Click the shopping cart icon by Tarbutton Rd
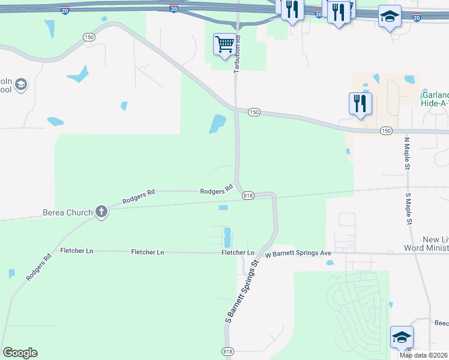(x=224, y=44)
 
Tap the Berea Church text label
(x=68, y=212)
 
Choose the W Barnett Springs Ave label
(x=298, y=253)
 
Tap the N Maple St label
(x=406, y=154)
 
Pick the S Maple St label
(x=408, y=209)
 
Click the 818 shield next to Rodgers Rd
(x=248, y=196)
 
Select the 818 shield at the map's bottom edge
(x=228, y=351)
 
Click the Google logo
(x=20, y=353)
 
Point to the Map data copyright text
(x=424, y=355)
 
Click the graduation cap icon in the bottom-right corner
(x=402, y=337)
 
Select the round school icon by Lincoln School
(x=21, y=85)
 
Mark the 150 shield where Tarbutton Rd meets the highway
(x=255, y=112)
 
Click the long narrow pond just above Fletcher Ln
(x=227, y=237)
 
